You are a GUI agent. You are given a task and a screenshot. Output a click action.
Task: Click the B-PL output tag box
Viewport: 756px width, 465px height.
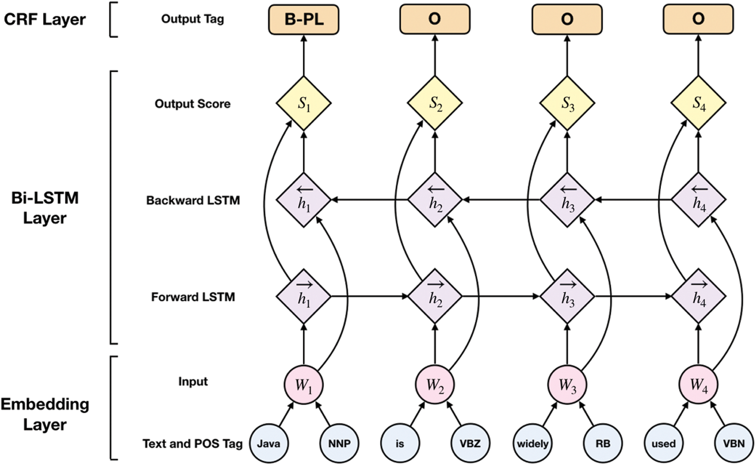303,19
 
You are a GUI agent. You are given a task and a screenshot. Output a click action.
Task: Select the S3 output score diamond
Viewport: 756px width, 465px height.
567,103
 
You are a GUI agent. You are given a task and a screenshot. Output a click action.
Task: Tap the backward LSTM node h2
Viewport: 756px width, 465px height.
435,200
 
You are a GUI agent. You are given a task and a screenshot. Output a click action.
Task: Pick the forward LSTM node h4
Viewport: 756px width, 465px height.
699,296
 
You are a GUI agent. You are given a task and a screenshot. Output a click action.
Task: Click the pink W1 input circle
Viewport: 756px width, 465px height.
303,384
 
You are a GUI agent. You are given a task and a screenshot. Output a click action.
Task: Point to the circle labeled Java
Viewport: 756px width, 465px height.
269,443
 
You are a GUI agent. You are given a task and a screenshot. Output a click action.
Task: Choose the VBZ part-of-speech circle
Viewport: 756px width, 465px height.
470,443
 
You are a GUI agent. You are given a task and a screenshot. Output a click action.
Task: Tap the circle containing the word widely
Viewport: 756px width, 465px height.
532,443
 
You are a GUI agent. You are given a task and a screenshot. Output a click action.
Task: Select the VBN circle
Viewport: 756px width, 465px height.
734,443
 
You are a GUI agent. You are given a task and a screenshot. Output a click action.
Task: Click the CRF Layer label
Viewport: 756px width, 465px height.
44,19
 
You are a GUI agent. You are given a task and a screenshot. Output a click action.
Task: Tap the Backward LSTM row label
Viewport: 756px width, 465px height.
193,200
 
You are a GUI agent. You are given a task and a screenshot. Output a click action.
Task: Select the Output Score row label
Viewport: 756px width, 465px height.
193,104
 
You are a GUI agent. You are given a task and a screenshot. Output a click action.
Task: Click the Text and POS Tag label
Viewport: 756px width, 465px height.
193,444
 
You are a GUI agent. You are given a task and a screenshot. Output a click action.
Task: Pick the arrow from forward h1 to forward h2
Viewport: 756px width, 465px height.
369,296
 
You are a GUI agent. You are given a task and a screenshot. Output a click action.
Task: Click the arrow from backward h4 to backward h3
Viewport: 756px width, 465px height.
633,200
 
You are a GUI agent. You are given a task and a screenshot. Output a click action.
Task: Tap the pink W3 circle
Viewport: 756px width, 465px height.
567,384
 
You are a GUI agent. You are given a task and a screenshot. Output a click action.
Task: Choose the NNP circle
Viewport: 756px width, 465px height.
339,443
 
